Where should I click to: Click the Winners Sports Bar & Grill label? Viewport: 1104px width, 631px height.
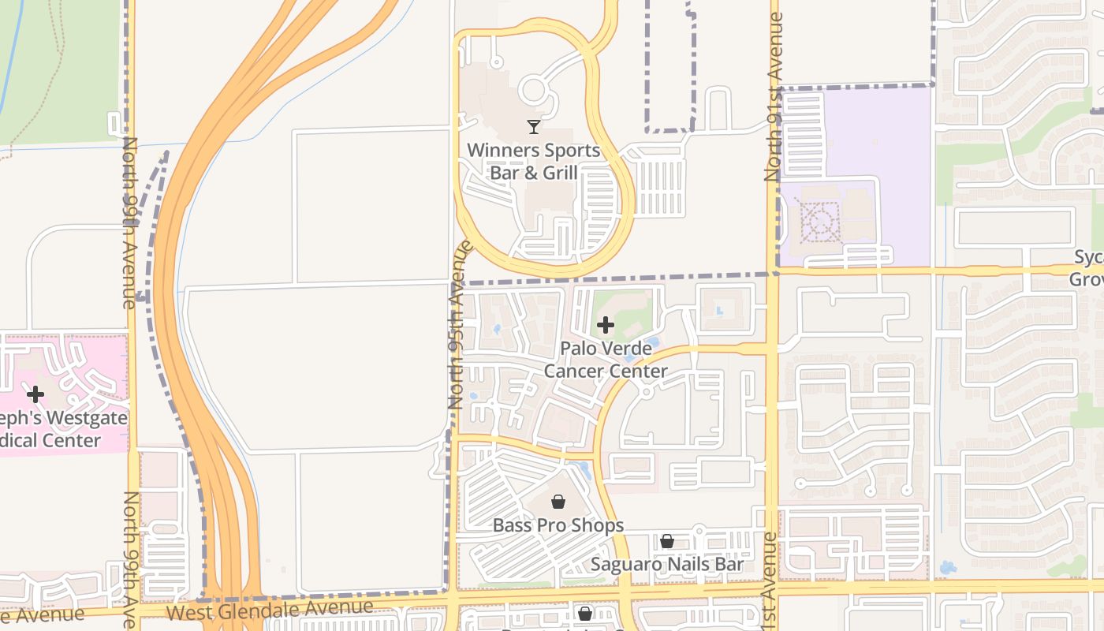[x=533, y=161]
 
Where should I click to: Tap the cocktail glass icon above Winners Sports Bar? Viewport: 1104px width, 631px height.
[x=534, y=126]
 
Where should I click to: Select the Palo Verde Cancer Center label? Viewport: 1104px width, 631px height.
[x=606, y=360]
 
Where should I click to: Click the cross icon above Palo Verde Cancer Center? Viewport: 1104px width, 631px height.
[x=606, y=325]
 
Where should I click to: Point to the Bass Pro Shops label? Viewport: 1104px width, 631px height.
[x=558, y=525]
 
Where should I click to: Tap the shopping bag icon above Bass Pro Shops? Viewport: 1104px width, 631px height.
[x=558, y=502]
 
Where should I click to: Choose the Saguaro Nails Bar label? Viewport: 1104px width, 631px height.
[x=667, y=565]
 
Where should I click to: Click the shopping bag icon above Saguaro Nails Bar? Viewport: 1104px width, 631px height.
[x=667, y=541]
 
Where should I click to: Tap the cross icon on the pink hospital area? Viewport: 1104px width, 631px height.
[x=35, y=394]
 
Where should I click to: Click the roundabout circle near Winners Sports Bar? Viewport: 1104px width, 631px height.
[x=534, y=90]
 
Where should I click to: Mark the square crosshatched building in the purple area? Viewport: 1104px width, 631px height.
[x=820, y=222]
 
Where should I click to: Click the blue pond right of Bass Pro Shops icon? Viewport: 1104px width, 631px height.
[x=584, y=472]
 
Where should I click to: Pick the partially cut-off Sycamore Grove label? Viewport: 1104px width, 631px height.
[x=1087, y=268]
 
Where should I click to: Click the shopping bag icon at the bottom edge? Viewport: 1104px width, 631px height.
[x=584, y=614]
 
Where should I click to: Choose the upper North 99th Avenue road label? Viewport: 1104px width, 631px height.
[x=129, y=222]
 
